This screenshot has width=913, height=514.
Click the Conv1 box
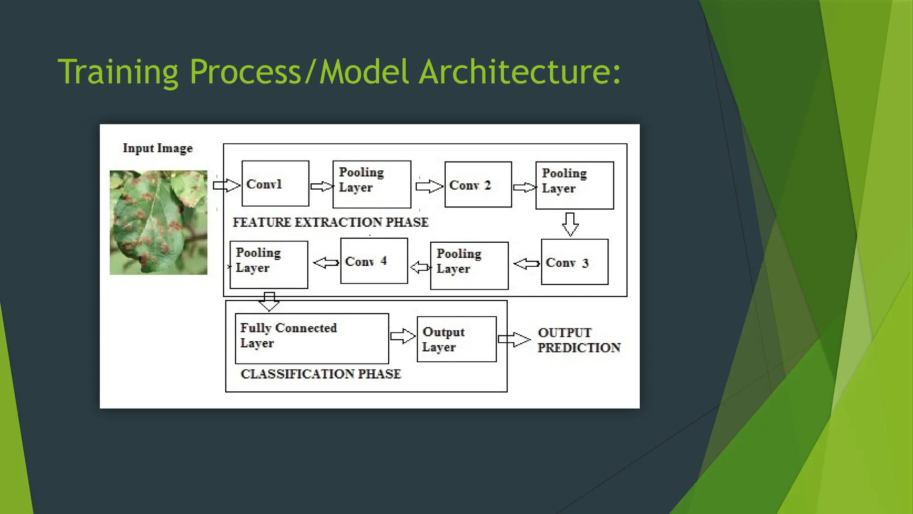(275, 183)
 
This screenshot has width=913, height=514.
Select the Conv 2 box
(478, 185)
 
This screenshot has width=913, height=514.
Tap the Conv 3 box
(574, 262)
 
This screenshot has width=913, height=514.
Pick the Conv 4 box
(374, 261)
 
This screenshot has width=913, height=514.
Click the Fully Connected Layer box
(312, 338)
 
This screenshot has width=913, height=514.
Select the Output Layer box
(456, 339)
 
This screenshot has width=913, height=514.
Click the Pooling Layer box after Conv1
(371, 184)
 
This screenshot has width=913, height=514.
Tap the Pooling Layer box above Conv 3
(574, 186)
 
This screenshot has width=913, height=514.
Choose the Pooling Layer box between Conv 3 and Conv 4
(469, 265)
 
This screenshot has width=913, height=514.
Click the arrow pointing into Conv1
(226, 185)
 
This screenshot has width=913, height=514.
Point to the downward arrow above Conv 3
(570, 224)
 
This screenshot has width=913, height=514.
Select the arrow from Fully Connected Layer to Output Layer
(403, 336)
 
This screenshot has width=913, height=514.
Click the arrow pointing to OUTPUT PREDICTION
(514, 340)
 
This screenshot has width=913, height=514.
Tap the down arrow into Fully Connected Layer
(269, 302)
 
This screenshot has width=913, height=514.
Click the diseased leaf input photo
(158, 222)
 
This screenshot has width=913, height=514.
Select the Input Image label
(158, 148)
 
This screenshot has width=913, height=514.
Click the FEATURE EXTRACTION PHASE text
(330, 222)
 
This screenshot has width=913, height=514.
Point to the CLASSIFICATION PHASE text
(321, 374)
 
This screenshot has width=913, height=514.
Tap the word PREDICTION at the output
(578, 348)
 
